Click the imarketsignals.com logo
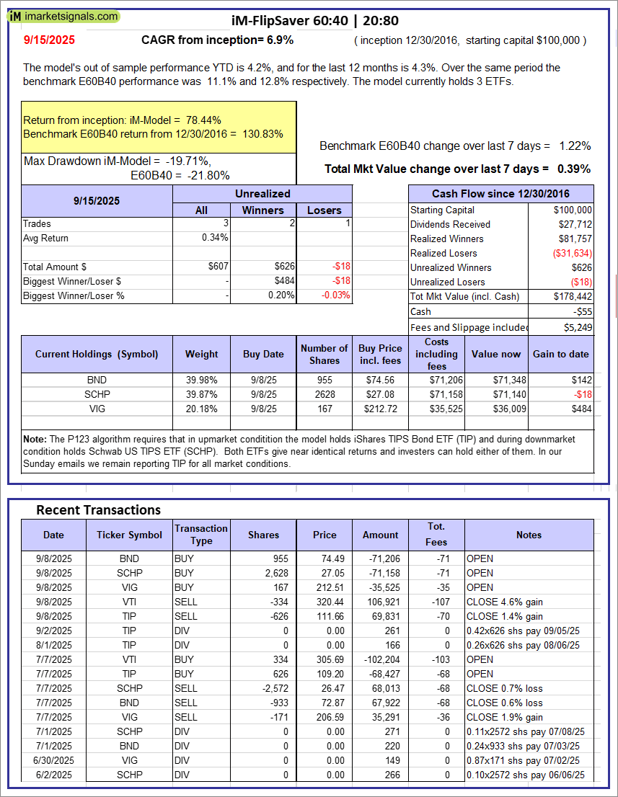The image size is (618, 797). click(63, 16)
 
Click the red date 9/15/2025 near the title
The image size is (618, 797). click(48, 40)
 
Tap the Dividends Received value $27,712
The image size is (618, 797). click(573, 224)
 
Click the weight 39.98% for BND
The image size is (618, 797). click(201, 380)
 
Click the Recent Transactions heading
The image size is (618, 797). click(99, 509)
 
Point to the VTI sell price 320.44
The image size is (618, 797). click(324, 602)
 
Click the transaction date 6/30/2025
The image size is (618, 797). click(53, 760)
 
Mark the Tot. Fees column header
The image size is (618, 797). click(436, 535)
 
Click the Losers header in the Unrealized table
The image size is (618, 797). click(325, 210)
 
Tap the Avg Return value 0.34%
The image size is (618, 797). click(215, 238)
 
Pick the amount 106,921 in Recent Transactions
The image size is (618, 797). click(382, 602)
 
